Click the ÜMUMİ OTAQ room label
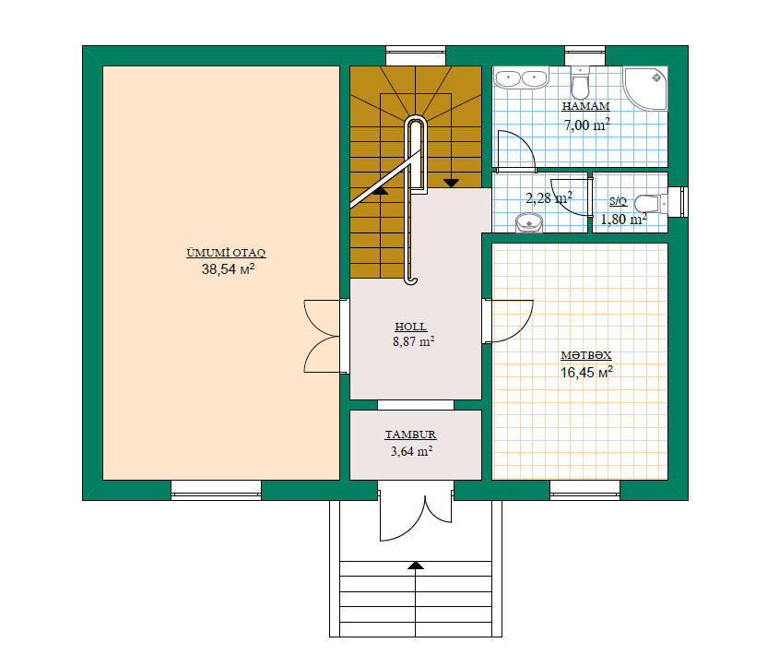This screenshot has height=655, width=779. (226, 253)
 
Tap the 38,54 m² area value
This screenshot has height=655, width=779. (228, 269)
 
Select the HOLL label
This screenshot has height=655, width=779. (411, 327)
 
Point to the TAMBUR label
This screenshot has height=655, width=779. (411, 435)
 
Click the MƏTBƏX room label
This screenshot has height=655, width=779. (586, 355)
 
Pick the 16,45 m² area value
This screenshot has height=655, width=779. (586, 372)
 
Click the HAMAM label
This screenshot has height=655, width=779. (585, 106)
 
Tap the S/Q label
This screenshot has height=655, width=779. (618, 201)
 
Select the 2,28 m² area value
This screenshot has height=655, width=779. (549, 198)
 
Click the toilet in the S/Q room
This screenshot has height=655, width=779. (651, 203)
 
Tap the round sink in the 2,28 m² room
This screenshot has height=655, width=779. (529, 222)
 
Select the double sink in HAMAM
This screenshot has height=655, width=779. (521, 77)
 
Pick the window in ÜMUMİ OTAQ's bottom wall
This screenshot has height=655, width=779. (216, 491)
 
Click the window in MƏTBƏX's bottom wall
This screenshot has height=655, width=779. (584, 491)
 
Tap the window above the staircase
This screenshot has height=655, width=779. (416, 55)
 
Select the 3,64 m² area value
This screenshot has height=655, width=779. (411, 451)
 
